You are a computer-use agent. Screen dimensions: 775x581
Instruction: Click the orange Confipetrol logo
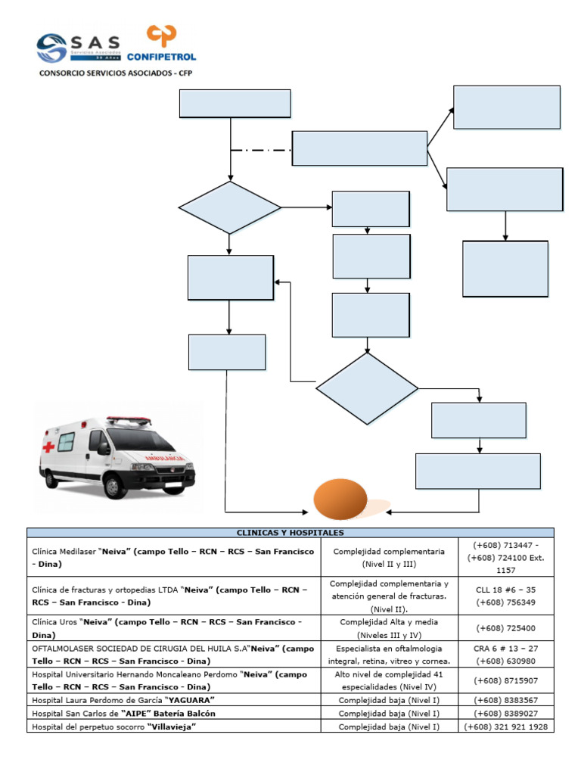[x=162, y=42]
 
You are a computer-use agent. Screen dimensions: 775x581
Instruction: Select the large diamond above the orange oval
[x=367, y=389]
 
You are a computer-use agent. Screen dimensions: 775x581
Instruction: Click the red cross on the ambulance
[x=49, y=447]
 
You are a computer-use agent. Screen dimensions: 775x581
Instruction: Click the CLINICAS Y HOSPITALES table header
[x=290, y=533]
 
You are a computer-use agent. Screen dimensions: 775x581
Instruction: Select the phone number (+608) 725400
[x=506, y=628]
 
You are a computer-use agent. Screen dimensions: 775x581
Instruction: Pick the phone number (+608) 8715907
[x=506, y=680]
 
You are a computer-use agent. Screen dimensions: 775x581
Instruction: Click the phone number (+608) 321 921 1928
[x=506, y=727]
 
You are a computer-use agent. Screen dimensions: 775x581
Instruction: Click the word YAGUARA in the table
[x=191, y=700]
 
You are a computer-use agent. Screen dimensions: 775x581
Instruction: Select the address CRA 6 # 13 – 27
[x=506, y=649]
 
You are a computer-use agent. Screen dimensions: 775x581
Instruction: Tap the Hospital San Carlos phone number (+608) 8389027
[x=506, y=714]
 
